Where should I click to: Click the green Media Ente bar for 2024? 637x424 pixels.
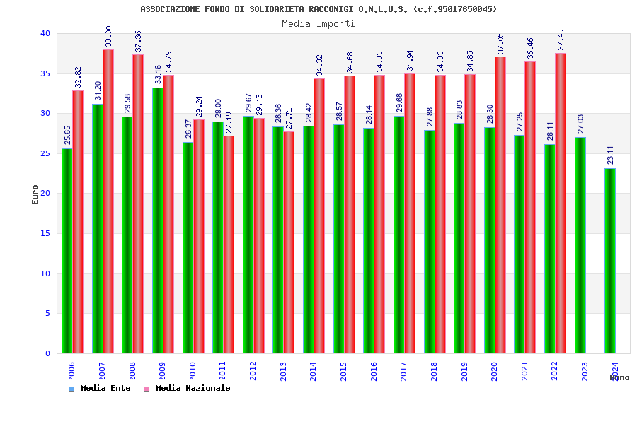tap(610, 261)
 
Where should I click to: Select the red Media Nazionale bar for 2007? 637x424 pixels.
tap(108, 201)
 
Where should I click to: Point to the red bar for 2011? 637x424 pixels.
tap(229, 245)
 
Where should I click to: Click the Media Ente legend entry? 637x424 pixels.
tap(100, 389)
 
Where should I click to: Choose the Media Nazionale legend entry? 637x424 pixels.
tap(188, 389)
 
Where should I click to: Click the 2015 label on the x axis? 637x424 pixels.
tap(343, 371)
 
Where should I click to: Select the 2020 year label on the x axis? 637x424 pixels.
tap(494, 371)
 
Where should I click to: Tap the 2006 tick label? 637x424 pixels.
tap(71, 371)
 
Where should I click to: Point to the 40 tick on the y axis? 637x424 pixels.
tap(45, 34)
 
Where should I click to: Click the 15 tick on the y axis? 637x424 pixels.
tap(45, 233)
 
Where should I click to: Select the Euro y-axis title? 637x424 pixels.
tap(35, 194)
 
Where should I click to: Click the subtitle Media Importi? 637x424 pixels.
tap(318, 23)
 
